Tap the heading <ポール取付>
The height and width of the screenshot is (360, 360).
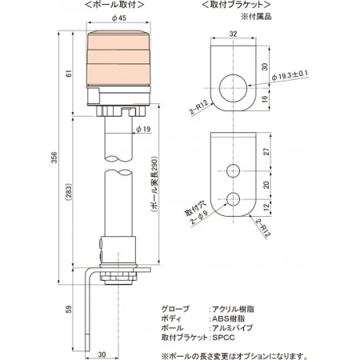[x=117, y=5]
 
